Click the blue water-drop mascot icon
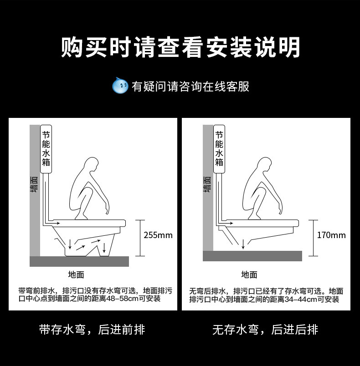(x=120, y=86)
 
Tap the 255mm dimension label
(x=158, y=235)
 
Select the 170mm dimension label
(x=331, y=235)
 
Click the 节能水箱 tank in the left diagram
(x=46, y=149)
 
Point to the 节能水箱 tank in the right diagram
(x=219, y=149)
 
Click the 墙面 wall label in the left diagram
(x=34, y=184)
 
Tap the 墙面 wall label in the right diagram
(x=207, y=184)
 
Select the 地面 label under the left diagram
(x=76, y=274)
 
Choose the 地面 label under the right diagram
(x=249, y=274)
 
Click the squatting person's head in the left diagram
(x=92, y=164)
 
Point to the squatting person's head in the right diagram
(x=264, y=164)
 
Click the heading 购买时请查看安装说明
(x=180, y=47)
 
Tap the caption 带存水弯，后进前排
(x=92, y=330)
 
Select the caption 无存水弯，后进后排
(x=265, y=330)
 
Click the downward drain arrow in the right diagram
(x=243, y=244)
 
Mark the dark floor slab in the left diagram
(x=79, y=261)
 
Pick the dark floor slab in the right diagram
(x=252, y=256)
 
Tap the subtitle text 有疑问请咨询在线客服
(x=190, y=86)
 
